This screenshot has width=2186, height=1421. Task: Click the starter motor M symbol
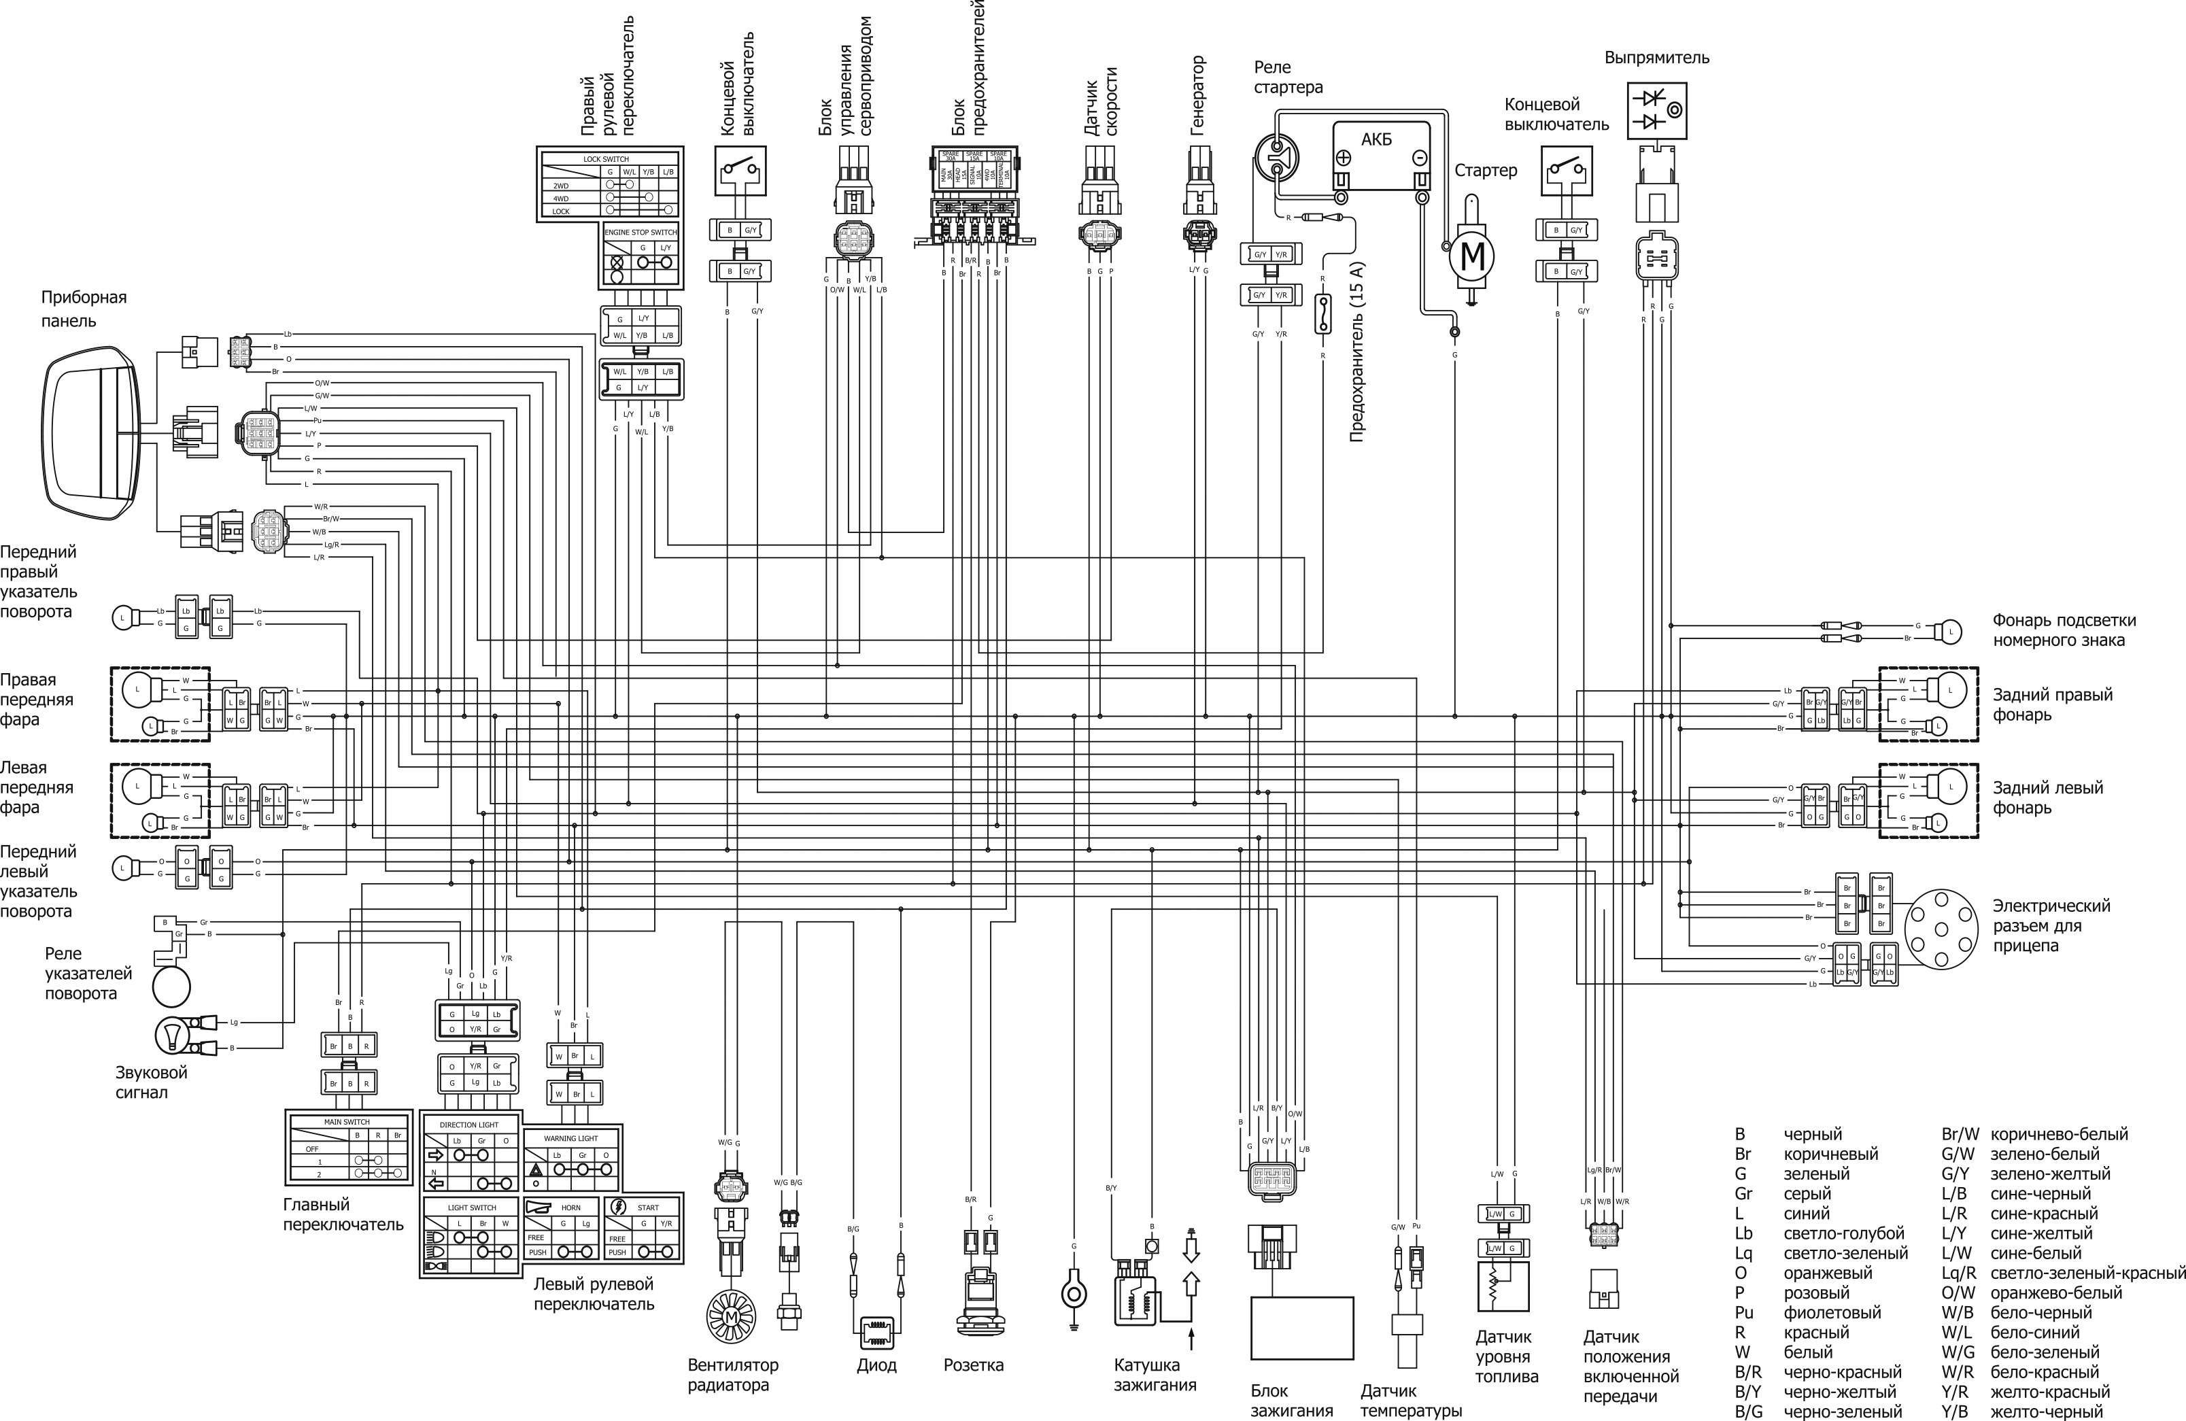1471,256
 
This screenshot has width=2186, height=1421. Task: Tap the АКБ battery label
1376,139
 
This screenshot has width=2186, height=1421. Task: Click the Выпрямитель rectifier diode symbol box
1657,110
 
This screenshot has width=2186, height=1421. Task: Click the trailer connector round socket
1942,928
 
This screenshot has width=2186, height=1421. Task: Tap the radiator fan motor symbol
731,1317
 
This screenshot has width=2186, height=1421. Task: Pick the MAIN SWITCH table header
347,1122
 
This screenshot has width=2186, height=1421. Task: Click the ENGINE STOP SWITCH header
641,233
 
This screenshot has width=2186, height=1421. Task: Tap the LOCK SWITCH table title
607,159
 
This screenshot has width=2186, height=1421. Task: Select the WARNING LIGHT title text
571,1138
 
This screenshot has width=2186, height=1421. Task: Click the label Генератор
1197,96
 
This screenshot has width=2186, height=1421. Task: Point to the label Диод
876,1365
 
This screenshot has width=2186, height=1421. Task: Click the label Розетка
974,1365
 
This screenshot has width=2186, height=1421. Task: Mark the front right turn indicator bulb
122,617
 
